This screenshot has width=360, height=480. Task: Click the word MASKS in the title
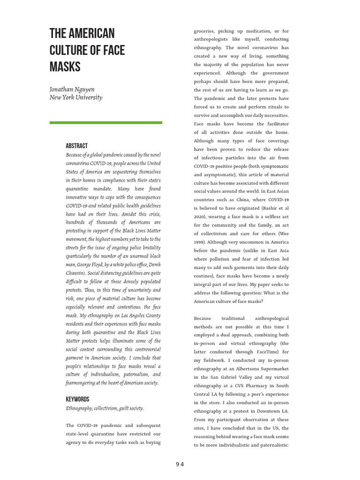point(65,67)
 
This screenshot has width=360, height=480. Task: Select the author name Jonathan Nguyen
point(72,89)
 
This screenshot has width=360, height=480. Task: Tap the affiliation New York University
point(76,97)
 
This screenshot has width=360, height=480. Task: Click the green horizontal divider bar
point(106,122)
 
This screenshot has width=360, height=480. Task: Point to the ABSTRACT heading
point(76,146)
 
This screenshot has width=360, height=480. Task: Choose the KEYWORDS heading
point(77,399)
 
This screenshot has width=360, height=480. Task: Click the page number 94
point(180,464)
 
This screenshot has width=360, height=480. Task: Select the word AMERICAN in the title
point(93,34)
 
